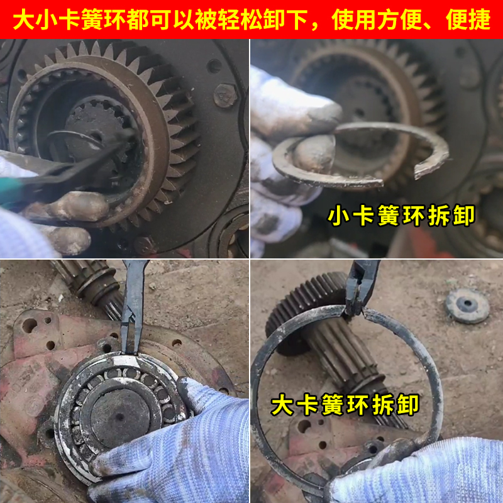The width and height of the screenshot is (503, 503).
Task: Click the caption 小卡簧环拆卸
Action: click(401, 217)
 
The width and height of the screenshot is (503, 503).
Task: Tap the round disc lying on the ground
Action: click(467, 306)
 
